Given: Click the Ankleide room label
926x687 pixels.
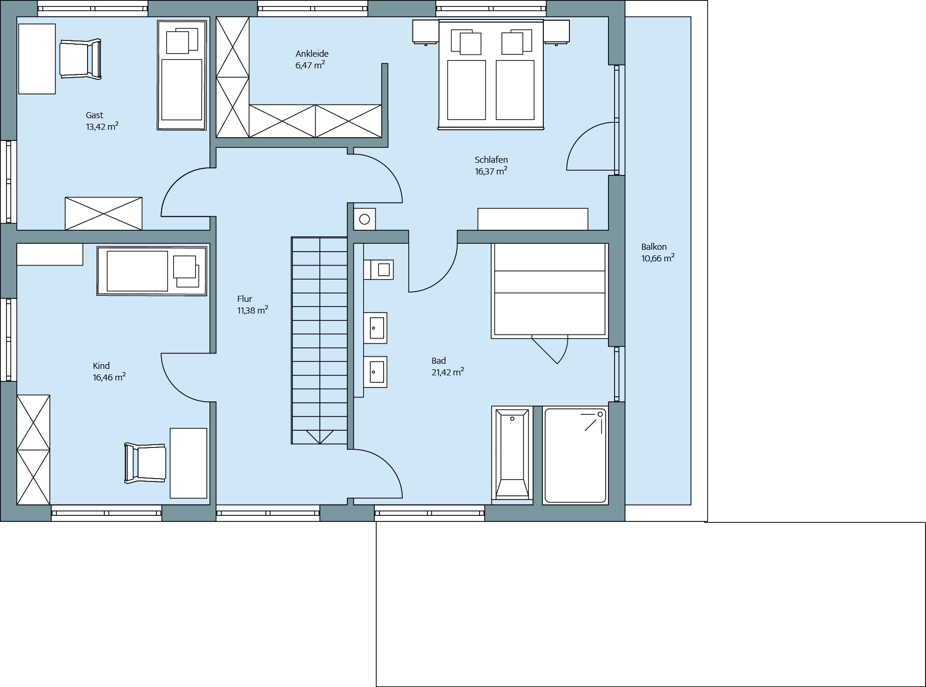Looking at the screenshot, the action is point(312,53).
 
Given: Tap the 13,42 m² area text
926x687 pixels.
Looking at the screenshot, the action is point(102,127).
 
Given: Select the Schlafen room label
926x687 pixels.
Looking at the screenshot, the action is point(491,160).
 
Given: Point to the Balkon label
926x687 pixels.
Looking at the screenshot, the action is point(654,247).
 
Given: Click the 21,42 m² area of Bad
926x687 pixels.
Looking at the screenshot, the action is point(447,372).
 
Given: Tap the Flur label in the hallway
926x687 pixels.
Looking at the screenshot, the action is point(244,299).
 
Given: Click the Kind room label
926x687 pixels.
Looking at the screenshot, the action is point(101,366).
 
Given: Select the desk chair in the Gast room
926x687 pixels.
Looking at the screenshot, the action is point(81,59).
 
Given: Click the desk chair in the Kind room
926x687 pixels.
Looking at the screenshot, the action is point(145,463).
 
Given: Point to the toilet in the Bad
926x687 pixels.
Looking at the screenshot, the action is point(379,270).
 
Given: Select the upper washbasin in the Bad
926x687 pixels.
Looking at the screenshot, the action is point(375,328).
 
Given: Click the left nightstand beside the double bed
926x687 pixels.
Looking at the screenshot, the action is point(426,32).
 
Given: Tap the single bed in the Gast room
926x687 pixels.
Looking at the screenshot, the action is point(182,75).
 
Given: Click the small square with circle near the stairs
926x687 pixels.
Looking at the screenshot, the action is point(365,219).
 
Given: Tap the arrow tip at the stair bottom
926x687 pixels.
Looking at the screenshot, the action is point(320,443).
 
